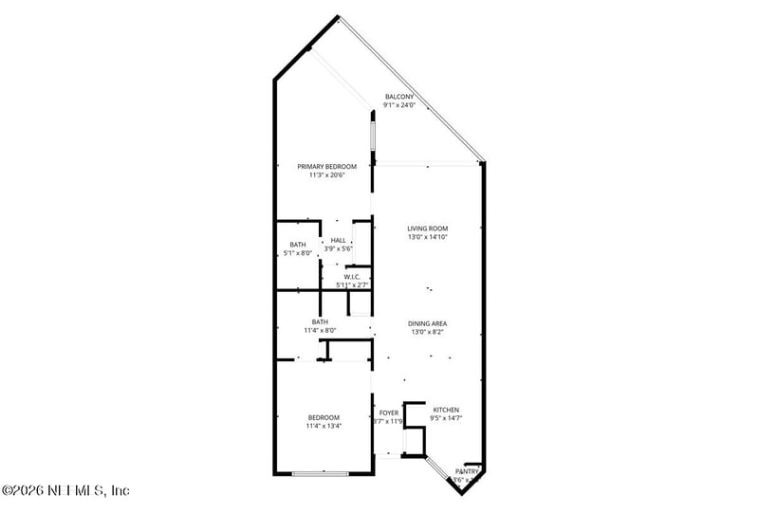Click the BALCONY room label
pos(398,97)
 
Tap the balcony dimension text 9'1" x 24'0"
pos(398,105)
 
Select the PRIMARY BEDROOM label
pos(320,166)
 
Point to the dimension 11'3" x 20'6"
pos(320,174)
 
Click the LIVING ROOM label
pos(427,229)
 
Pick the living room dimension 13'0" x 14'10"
pos(427,237)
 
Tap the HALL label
pos(339,241)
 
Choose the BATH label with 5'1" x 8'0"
pos(298,245)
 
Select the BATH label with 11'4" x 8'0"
pos(320,322)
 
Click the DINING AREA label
pos(427,323)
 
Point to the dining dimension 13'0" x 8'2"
pos(427,332)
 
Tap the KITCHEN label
pos(446,412)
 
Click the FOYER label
pos(389,413)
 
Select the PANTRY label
pos(467,471)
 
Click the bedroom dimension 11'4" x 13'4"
pos(324,427)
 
